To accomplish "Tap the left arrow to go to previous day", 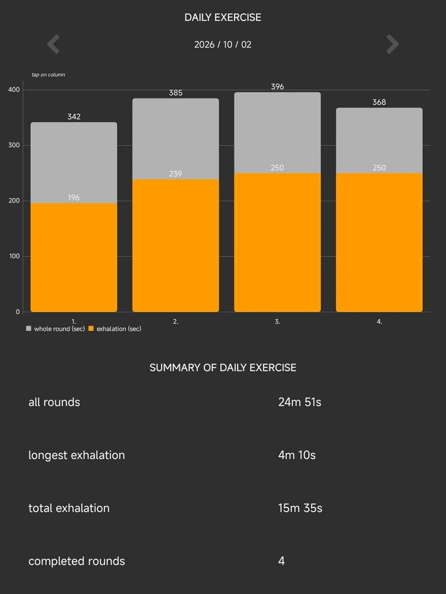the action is [x=53, y=45].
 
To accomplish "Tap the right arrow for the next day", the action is [x=393, y=45].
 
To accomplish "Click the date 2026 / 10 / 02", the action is [x=223, y=45].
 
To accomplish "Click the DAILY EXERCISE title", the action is [x=223, y=17].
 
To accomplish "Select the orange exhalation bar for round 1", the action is [x=74, y=258].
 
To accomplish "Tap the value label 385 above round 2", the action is [x=176, y=93].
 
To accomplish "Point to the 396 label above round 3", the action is [x=277, y=87].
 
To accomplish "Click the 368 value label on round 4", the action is [x=379, y=102].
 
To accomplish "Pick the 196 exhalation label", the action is [x=74, y=197].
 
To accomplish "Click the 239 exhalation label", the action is [x=176, y=174].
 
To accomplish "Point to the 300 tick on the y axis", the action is [x=14, y=146].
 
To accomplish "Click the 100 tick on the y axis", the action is [x=14, y=257].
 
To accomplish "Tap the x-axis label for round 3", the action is [x=277, y=321].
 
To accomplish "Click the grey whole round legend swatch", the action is [x=29, y=328].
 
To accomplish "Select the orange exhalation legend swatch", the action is [x=91, y=328].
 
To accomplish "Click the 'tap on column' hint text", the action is [x=48, y=75].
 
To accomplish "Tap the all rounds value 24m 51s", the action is [x=299, y=402].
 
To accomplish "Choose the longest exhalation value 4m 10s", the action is [x=297, y=455].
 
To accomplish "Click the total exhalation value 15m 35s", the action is [x=301, y=508].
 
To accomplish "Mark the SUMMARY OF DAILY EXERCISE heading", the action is [x=223, y=368].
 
